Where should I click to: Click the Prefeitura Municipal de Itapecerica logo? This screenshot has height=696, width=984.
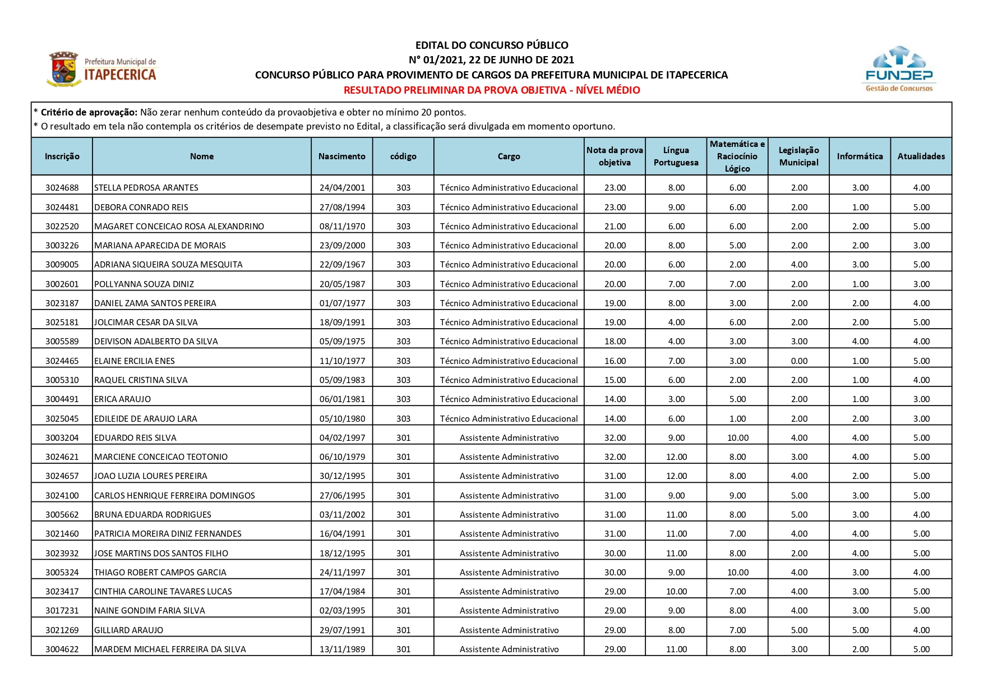tap(102, 70)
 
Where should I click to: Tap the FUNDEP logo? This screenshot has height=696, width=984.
tap(899, 69)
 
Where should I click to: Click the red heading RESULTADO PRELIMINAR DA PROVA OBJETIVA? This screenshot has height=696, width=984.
tap(491, 90)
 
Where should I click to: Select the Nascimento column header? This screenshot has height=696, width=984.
tap(341, 156)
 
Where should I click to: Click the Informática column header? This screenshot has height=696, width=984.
tap(860, 156)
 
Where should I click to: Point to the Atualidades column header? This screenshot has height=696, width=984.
tap(921, 156)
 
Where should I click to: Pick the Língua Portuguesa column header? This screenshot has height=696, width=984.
tap(676, 156)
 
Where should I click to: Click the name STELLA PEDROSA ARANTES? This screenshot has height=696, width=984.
tap(146, 188)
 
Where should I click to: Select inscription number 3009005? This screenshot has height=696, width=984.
tap(62, 265)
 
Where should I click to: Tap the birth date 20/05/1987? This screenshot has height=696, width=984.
tap(342, 284)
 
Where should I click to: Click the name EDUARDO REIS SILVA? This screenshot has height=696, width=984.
tap(135, 438)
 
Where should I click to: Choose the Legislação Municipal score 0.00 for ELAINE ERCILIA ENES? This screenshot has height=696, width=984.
tap(799, 361)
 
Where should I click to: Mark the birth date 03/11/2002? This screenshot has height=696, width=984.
tap(342, 515)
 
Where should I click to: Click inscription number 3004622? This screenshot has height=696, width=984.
tap(62, 649)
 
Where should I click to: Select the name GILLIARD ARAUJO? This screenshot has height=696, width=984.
tap(129, 630)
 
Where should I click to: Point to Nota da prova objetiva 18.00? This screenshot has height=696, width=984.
tap(615, 342)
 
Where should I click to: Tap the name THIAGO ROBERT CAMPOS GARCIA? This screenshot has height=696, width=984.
tap(160, 573)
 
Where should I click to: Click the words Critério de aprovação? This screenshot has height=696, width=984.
tap(89, 112)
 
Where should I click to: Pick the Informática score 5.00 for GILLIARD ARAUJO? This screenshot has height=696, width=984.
tap(860, 630)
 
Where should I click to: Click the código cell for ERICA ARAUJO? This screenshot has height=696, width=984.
tap(403, 399)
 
